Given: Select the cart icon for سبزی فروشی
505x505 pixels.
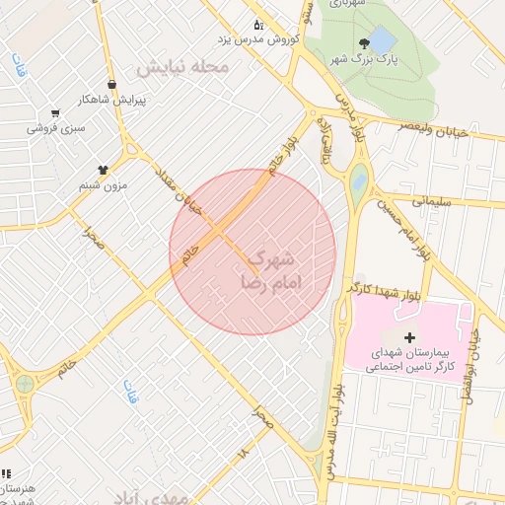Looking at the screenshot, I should pyautogui.click(x=54, y=112).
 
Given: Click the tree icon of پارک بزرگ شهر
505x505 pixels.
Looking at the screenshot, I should pyautogui.click(x=365, y=42).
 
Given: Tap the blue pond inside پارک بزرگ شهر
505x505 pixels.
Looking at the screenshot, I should pyautogui.click(x=383, y=40).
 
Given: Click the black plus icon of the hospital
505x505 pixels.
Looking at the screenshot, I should pyautogui.click(x=409, y=337).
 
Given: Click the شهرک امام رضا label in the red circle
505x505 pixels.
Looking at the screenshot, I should pyautogui.click(x=268, y=269).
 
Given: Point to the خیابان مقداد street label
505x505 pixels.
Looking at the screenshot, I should pyautogui.click(x=180, y=187).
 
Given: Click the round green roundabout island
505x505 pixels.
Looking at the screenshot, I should pyautogui.click(x=25, y=384).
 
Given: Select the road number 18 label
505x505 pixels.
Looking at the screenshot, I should pyautogui.click(x=243, y=452).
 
